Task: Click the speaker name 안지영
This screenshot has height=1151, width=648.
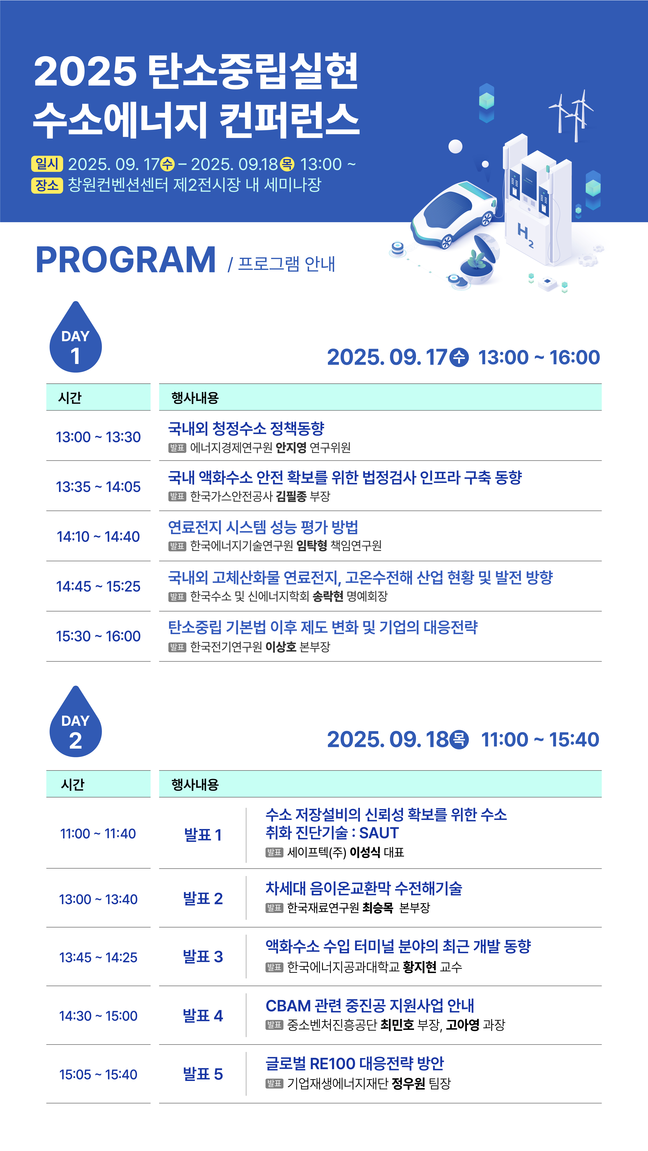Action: tap(291, 447)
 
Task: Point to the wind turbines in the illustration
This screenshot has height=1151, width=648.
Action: tap(572, 115)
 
